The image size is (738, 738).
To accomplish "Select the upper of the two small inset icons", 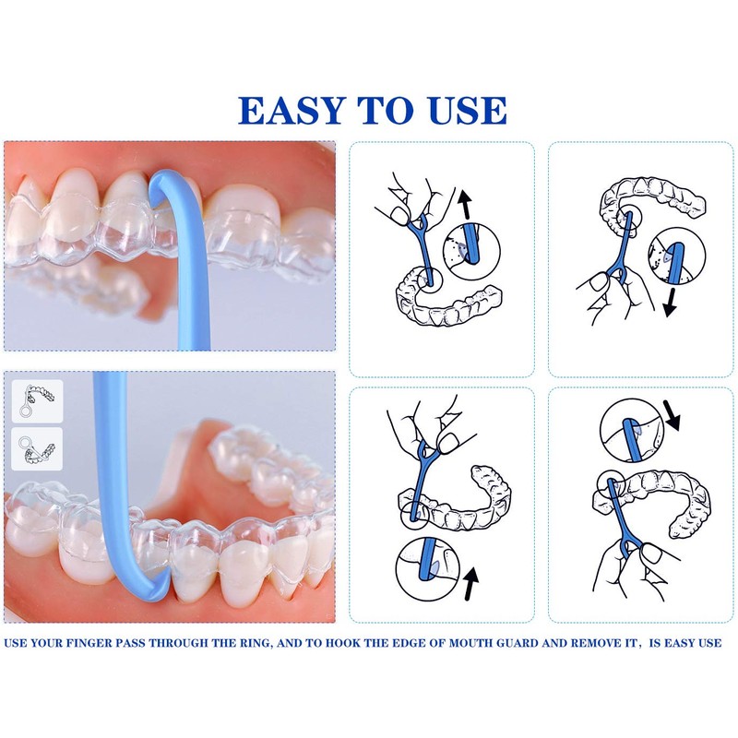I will coord(38,402).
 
